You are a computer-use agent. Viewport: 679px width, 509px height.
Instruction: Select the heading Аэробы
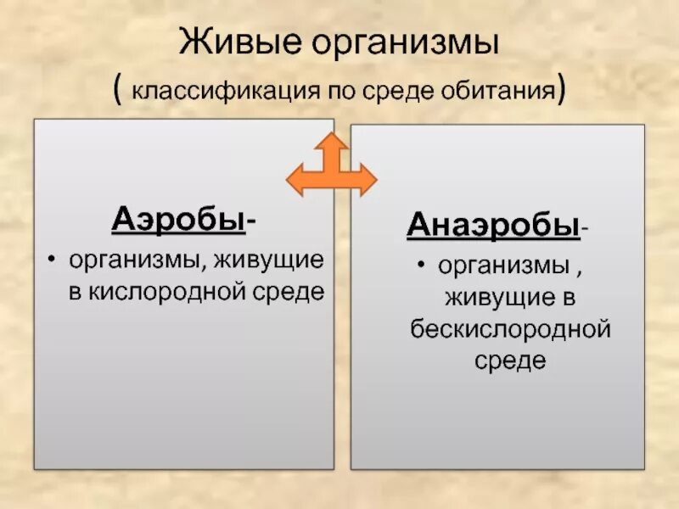tap(178, 220)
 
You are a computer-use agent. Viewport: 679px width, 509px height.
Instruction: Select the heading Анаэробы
tap(492, 226)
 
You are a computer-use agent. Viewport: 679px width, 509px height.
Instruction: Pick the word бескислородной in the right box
tap(509, 329)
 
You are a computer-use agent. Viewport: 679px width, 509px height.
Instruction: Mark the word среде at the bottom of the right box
tap(509, 361)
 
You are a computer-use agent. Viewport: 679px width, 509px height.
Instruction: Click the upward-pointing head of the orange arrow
tap(332, 143)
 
